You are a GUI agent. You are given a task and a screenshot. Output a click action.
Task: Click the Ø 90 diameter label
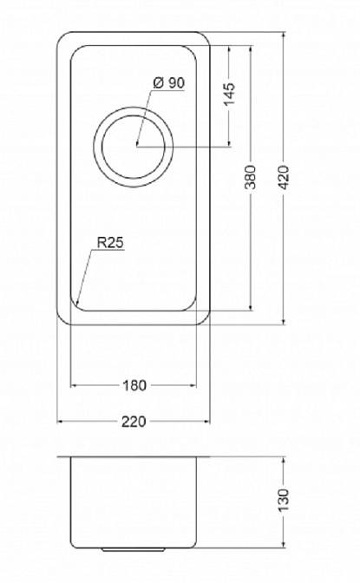169,83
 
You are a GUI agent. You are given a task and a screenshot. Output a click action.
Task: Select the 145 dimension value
230,94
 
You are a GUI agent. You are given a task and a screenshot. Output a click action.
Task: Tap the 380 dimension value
251,177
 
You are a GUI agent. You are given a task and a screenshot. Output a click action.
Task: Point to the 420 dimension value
284,177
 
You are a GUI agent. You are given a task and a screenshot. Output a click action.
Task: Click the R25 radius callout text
110,243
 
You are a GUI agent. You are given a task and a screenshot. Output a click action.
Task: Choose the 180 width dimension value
134,385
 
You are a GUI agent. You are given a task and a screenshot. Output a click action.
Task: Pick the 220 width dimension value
134,422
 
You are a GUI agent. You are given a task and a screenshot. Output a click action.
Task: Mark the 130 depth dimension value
284,500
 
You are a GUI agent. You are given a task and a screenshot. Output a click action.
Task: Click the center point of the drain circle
137,147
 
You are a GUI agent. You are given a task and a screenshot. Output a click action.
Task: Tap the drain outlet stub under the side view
133,548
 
